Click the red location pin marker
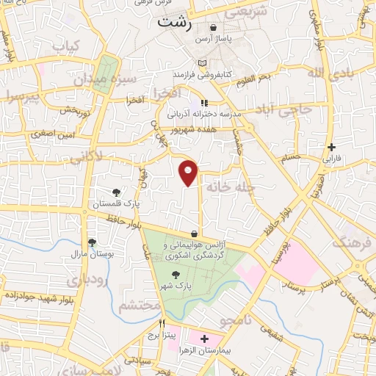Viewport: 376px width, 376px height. tap(189, 172)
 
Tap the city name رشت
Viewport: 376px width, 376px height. tap(173, 23)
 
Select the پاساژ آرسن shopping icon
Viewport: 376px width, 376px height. tap(213, 28)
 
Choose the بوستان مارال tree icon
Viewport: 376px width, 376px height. tap(91, 242)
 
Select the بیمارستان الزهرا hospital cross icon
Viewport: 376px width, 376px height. tap(204, 340)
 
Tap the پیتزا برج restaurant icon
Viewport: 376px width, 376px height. tap(162, 323)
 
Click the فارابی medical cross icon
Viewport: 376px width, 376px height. tap(333, 147)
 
